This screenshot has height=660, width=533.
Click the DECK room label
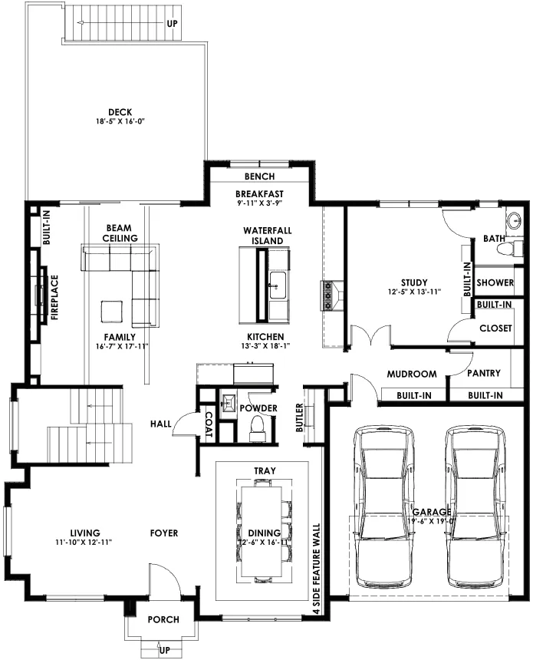point(120,112)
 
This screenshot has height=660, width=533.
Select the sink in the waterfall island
point(277,285)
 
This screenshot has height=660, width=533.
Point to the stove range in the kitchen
point(327,295)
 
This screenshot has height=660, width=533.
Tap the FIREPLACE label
point(54,298)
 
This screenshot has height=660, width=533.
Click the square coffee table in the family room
point(112,312)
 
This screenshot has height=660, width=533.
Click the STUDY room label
point(414,282)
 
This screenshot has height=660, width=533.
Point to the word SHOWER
point(495,282)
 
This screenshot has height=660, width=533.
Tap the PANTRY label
point(484,373)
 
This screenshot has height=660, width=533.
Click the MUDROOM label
point(412,374)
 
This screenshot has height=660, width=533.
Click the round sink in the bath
point(514,220)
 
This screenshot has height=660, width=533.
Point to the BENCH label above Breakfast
point(259,177)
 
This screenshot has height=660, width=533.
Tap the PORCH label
point(163,619)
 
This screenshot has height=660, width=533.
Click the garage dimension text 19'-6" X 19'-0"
point(432,520)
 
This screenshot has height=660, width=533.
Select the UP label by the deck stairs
point(172,24)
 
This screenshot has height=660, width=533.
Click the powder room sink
point(229,401)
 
